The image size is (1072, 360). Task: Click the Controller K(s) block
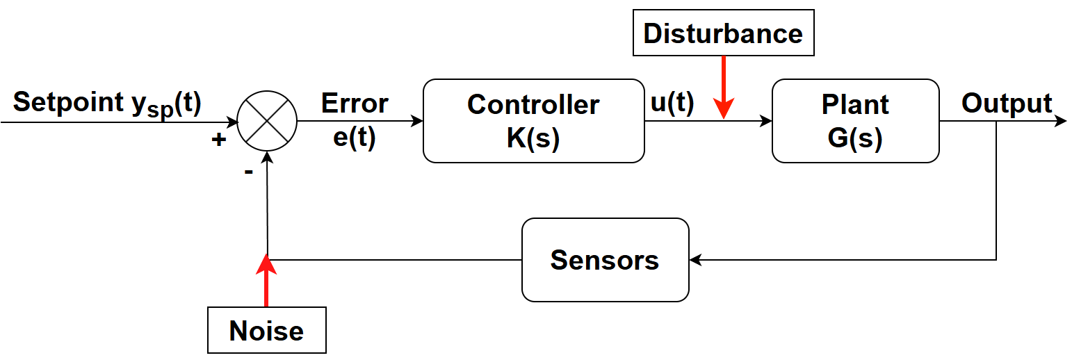point(533,121)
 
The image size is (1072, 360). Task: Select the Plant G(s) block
point(855,121)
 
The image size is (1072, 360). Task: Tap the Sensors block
point(605,260)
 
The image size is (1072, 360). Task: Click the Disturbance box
point(723,33)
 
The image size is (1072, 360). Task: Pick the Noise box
point(266,331)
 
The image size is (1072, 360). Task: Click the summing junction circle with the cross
point(267,120)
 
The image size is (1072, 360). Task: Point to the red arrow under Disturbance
point(724,87)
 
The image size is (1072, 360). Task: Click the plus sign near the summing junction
point(218,140)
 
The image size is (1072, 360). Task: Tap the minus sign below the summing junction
point(248,171)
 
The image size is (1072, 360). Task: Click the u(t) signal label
point(672,102)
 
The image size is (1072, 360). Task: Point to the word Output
point(1007,103)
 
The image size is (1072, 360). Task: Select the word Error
point(355,103)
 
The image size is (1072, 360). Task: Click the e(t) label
point(355,138)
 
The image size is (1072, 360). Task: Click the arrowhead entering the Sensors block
point(695,260)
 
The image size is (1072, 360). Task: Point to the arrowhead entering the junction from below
point(267,156)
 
